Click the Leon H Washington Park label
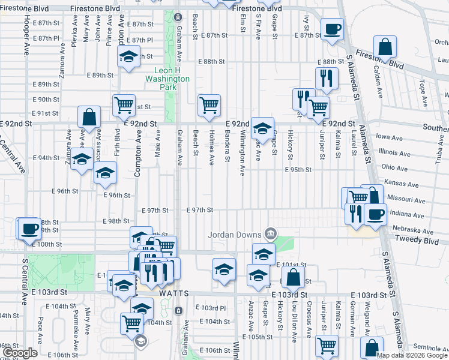[167, 79]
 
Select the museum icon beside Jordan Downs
[270, 233]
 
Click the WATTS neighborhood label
[175, 293]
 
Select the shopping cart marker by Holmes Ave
[209, 105]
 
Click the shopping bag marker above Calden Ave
[385, 46]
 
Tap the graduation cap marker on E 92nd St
[262, 127]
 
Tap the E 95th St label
[298, 170]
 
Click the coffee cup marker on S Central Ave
[29, 227]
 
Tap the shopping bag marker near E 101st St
[293, 277]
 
